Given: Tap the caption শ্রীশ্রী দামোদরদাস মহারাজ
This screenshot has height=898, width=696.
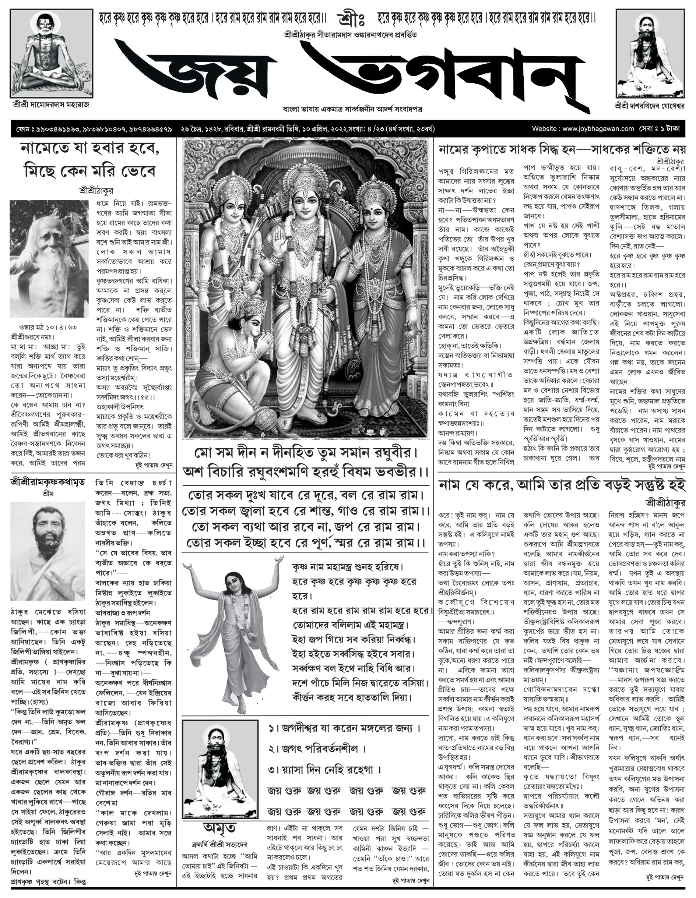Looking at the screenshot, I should click(50, 105).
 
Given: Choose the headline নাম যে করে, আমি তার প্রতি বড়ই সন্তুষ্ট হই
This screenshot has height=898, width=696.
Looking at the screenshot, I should click(562, 485).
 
